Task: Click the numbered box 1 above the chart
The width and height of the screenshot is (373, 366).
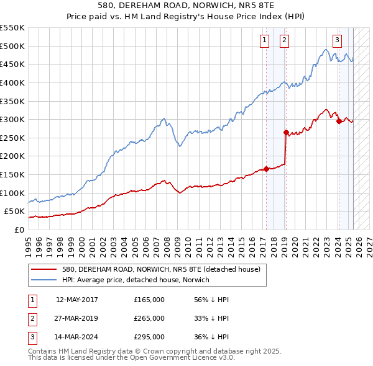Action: point(264,40)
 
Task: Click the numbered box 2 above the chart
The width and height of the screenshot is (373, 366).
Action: point(284,40)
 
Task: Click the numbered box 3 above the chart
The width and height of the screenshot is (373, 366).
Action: point(337,40)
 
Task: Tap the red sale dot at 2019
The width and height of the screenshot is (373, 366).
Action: point(286,132)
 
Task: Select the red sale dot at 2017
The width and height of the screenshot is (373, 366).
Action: point(266,169)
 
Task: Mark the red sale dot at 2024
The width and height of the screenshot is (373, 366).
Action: point(339,122)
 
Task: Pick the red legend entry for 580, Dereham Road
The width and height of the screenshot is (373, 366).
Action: point(165,269)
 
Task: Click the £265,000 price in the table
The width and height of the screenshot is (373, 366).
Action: point(149,318)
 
